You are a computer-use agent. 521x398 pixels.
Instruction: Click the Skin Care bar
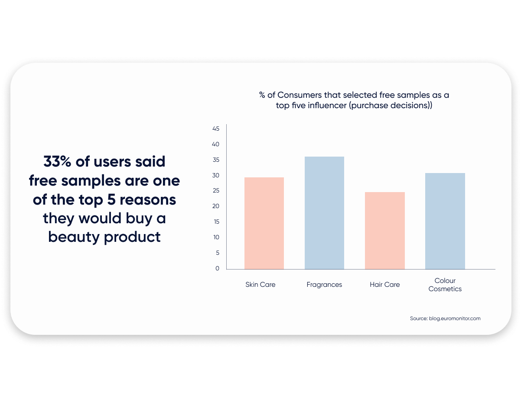pos(264,223)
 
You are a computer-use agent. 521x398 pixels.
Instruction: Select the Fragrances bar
pos(324,213)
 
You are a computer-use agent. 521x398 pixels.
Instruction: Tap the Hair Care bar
pos(384,231)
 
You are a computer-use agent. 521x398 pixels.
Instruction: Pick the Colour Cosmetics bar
pos(445,221)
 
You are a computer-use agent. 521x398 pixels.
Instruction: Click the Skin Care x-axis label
pos(260,285)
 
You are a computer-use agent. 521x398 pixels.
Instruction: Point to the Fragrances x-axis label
pos(324,285)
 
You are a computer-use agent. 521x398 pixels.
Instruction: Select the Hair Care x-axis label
pos(384,285)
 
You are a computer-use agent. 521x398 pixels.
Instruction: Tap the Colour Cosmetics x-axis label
pos(445,285)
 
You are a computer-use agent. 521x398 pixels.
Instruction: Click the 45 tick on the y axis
pos(216,129)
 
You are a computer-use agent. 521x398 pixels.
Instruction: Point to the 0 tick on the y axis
pos(217,268)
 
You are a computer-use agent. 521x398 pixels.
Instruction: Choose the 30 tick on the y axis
pos(216,175)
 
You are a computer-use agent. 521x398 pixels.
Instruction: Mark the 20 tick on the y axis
pos(216,206)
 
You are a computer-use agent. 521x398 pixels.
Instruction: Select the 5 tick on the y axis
pos(217,253)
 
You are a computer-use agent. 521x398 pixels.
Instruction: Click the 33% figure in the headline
pos(57,162)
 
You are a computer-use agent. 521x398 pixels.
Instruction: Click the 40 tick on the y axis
pos(216,144)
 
